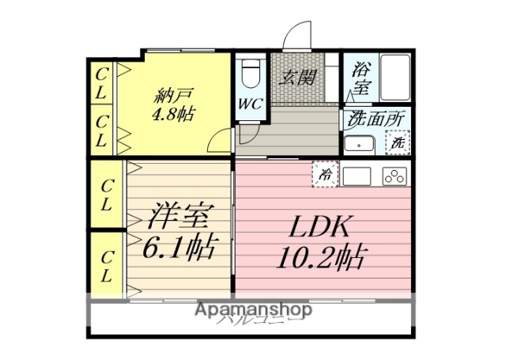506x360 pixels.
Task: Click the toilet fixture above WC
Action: coord(251,74)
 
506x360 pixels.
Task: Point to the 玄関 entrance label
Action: coord(298,77)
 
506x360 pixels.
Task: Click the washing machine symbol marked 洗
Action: coord(398,145)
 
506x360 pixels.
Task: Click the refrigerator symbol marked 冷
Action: coord(324,176)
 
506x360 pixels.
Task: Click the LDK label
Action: coord(320,228)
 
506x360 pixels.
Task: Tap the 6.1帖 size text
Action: coord(177,249)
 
